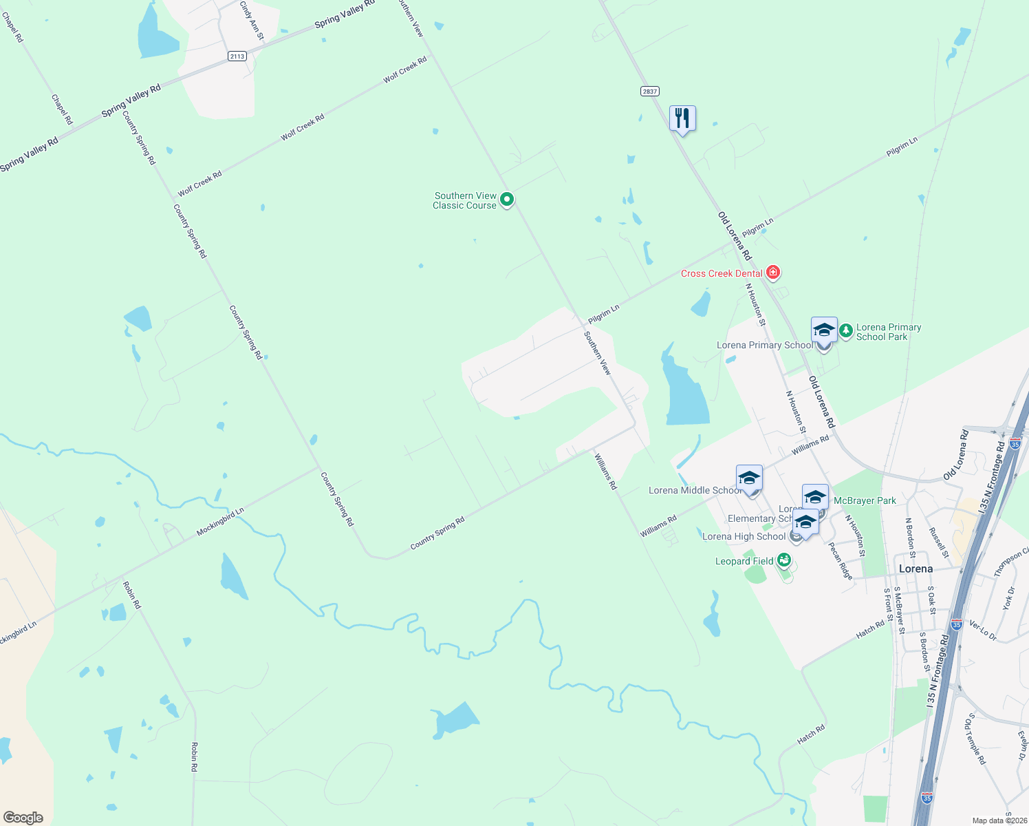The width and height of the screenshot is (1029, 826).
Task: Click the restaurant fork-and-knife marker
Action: pyautogui.click(x=682, y=118)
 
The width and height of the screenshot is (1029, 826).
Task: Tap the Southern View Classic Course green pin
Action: pyautogui.click(x=507, y=200)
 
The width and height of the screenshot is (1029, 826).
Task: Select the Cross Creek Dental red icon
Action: pyautogui.click(x=773, y=273)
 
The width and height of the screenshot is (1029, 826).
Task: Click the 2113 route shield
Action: pyautogui.click(x=237, y=56)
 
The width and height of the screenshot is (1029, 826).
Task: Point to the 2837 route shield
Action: pyautogui.click(x=649, y=91)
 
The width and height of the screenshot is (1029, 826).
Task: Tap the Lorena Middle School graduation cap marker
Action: pyautogui.click(x=749, y=478)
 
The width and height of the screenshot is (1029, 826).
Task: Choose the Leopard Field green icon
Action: pyautogui.click(x=783, y=560)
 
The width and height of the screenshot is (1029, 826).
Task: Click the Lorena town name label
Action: pyautogui.click(x=916, y=569)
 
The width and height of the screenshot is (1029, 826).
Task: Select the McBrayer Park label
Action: pyautogui.click(x=865, y=500)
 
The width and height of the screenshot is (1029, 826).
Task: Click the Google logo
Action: pyautogui.click(x=23, y=818)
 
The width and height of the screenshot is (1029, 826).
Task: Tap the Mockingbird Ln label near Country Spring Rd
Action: pyautogui.click(x=220, y=522)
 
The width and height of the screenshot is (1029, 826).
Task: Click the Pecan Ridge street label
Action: pyautogui.click(x=841, y=561)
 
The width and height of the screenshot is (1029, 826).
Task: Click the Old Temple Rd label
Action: pyautogui.click(x=975, y=739)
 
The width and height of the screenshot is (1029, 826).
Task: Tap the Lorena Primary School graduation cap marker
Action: pyautogui.click(x=824, y=330)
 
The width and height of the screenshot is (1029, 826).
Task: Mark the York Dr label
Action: pyautogui.click(x=1009, y=598)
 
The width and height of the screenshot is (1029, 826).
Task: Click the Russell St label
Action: pyautogui.click(x=939, y=542)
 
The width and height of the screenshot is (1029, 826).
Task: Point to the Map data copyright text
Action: pyautogui.click(x=999, y=820)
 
